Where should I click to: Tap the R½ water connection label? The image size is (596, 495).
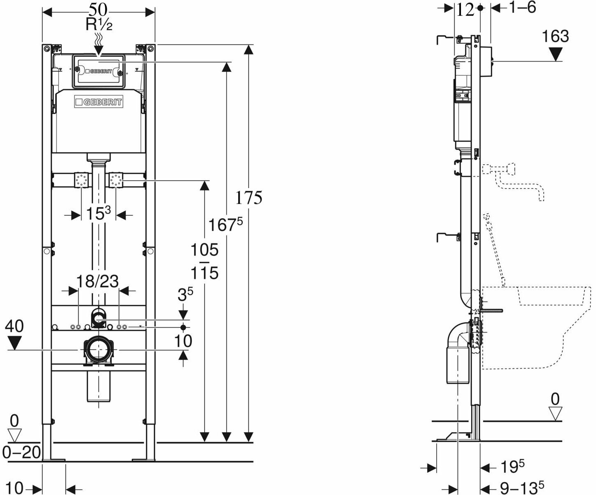pyautogui.click(x=99, y=25)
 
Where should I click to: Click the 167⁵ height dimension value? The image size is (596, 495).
pyautogui.click(x=225, y=225)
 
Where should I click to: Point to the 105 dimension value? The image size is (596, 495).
pyautogui.click(x=204, y=250)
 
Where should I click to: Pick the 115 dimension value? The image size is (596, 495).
pyautogui.click(x=204, y=273)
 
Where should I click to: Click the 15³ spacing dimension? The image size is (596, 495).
pyautogui.click(x=98, y=214)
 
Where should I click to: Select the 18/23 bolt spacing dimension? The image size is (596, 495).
pyautogui.click(x=98, y=281)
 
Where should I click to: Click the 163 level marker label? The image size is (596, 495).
pyautogui.click(x=555, y=36)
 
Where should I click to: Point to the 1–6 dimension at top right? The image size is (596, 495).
pyautogui.click(x=520, y=7)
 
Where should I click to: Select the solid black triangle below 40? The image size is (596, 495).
pyautogui.click(x=15, y=343)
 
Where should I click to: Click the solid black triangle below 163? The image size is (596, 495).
pyautogui.click(x=556, y=54)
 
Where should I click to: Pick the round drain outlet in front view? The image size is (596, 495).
pyautogui.click(x=98, y=350)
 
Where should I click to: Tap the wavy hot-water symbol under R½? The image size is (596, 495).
pyautogui.click(x=99, y=40)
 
